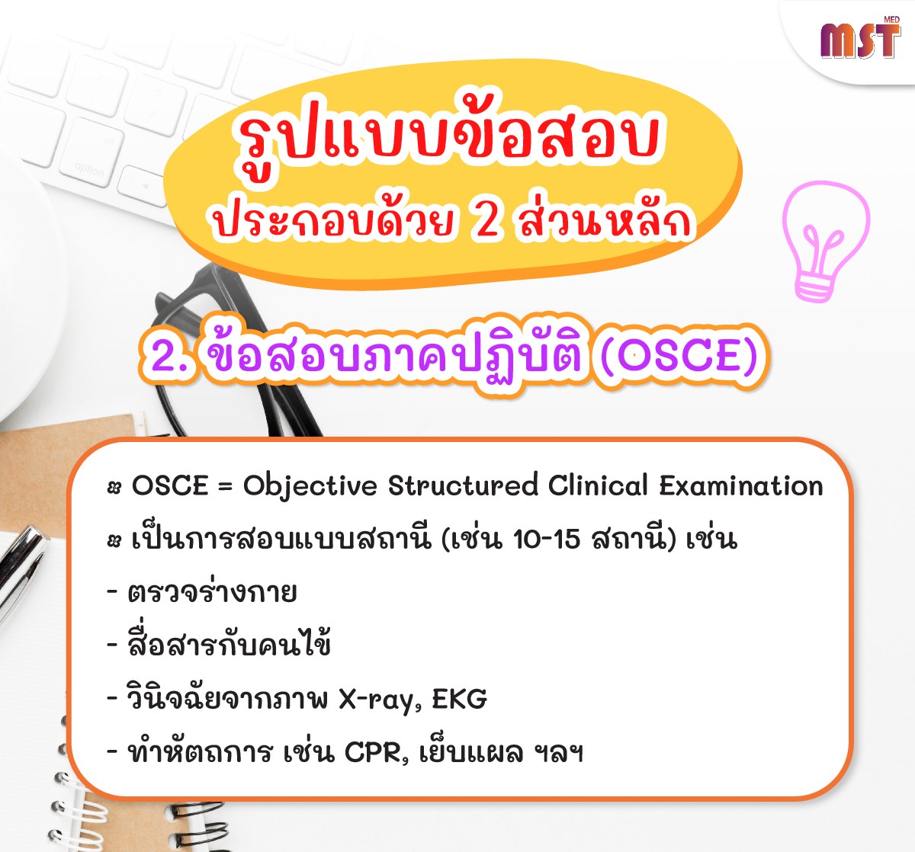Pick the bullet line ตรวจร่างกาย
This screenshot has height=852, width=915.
coord(203,592)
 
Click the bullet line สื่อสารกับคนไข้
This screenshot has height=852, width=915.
coord(220,643)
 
